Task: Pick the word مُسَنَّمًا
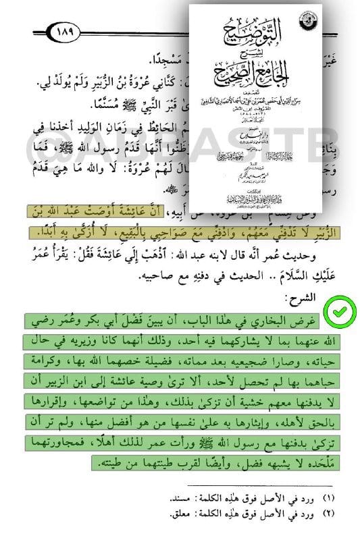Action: [166, 102]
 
